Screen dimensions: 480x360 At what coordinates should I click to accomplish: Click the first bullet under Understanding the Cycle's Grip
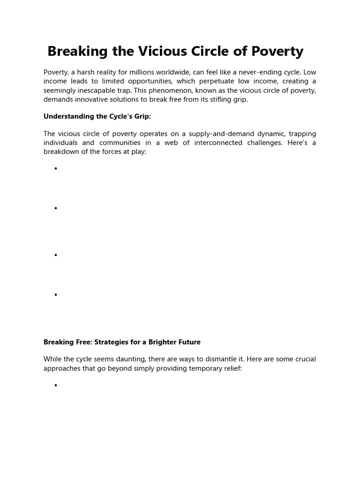pos(55,169)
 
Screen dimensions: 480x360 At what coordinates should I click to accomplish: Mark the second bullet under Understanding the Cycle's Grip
pos(55,208)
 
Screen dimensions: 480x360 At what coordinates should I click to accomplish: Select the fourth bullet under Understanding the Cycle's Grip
pos(55,295)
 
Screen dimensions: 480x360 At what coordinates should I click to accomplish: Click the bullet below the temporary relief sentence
pos(55,385)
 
